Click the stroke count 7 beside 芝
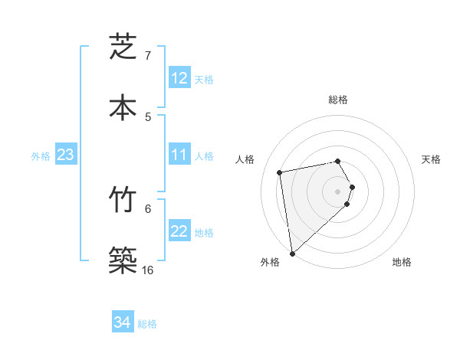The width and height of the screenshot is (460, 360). pos(148,56)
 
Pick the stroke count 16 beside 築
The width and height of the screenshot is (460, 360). pos(148,270)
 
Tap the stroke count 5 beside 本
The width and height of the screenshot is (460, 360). pos(148,116)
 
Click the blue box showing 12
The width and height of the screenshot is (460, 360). pos(179,78)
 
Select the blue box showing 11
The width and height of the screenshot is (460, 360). pos(179,155)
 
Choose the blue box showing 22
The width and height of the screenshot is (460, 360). pos(179,231)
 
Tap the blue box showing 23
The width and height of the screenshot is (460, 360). pos(65,155)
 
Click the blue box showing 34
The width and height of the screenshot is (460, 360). pos(122,322)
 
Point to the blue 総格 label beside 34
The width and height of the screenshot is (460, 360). pos(147,324)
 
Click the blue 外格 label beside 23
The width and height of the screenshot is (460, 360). pos(41,156)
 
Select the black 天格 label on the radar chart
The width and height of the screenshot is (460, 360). pos(432,159)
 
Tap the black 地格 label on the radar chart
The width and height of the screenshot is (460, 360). pos(402,262)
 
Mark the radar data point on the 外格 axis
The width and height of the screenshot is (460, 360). pos(292,253)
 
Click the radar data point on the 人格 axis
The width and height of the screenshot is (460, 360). pos(280,172)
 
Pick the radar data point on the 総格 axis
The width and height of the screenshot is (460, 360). pos(338,161)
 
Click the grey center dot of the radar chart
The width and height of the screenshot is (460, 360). pos(338,191)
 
